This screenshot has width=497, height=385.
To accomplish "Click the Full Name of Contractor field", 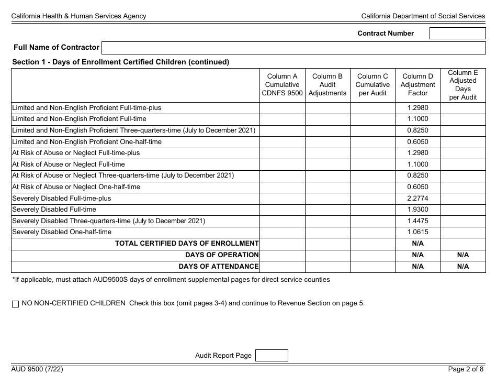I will click(293, 48).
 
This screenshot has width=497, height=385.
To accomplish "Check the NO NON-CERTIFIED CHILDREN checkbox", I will click(15, 304).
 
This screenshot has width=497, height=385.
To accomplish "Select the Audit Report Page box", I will click(271, 356).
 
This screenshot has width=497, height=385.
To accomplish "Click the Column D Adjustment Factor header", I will click(417, 85).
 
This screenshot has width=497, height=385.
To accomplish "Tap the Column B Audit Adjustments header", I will click(327, 85).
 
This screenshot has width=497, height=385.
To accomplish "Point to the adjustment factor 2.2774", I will click(417, 199).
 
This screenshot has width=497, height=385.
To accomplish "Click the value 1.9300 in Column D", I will click(417, 210).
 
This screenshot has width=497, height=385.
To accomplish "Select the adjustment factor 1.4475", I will click(417, 221).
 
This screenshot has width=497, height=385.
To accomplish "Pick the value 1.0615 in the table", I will click(417, 232).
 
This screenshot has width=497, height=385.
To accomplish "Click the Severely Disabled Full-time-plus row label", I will click(62, 199).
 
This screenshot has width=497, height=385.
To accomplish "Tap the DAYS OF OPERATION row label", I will click(222, 255).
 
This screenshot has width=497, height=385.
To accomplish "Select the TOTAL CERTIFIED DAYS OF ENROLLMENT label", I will click(187, 244).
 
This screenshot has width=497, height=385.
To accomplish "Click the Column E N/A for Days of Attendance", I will click(463, 267).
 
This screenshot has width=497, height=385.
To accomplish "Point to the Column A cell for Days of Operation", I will click(283, 255).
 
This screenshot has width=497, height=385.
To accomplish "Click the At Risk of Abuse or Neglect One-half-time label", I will click(76, 187).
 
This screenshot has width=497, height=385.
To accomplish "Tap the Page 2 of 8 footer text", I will click(466, 369).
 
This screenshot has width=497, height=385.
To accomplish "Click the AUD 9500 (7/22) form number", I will click(38, 369).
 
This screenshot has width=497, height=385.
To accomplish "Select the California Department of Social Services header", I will click(423, 16).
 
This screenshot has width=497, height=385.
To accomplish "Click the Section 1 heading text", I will click(121, 62).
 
